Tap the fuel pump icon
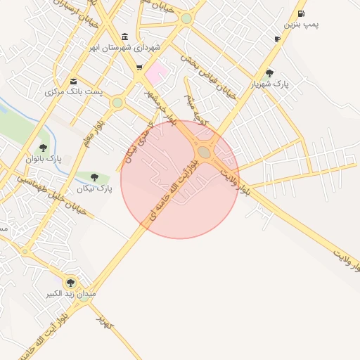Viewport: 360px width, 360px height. click(302, 13)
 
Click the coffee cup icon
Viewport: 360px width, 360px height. click(277, 39)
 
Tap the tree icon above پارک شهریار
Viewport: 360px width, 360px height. click(270, 73)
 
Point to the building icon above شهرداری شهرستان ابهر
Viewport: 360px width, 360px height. click(125, 37)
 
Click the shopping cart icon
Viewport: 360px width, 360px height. click(139, 68)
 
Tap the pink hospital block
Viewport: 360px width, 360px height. click(156, 72)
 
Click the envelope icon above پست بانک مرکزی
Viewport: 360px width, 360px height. click(74, 81)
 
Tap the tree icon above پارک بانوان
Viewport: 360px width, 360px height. click(43, 148)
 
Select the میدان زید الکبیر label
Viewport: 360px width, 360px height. click(70, 293)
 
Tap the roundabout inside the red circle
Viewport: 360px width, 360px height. click(204, 152)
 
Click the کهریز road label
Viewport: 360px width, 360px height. click(105, 323)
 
